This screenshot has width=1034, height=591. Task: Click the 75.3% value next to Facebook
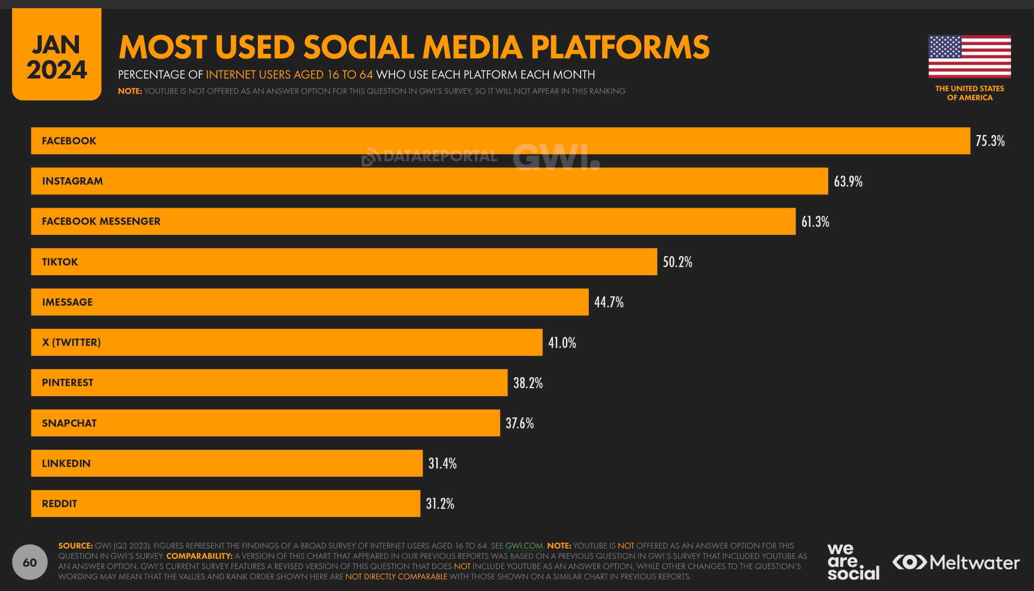coord(990,141)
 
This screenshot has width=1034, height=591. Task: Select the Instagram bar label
coord(72,181)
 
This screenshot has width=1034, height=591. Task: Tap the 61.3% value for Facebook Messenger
coord(815,222)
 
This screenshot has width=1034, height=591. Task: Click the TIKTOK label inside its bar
coord(60,262)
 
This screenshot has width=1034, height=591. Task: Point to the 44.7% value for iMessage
coord(608,302)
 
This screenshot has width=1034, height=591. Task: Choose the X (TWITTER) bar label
coord(71,343)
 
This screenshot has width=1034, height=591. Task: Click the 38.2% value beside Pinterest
coord(527,383)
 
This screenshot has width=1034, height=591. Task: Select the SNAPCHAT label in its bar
coord(69,423)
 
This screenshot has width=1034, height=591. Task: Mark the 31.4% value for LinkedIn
coord(442,463)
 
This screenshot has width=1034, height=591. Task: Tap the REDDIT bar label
coord(59,504)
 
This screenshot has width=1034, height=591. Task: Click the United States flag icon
coord(969,56)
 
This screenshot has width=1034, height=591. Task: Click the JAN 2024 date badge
coord(56,56)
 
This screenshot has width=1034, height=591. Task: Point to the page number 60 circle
coord(30,562)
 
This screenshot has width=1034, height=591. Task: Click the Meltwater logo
coord(956,562)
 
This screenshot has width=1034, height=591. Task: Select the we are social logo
coord(852,562)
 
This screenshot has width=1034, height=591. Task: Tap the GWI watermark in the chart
coord(556,158)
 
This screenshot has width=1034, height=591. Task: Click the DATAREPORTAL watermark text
coord(439,156)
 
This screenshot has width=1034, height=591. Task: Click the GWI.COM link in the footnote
coord(524,546)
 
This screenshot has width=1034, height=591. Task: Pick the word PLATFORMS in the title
coord(620,47)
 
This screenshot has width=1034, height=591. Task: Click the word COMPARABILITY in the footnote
coord(199,556)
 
